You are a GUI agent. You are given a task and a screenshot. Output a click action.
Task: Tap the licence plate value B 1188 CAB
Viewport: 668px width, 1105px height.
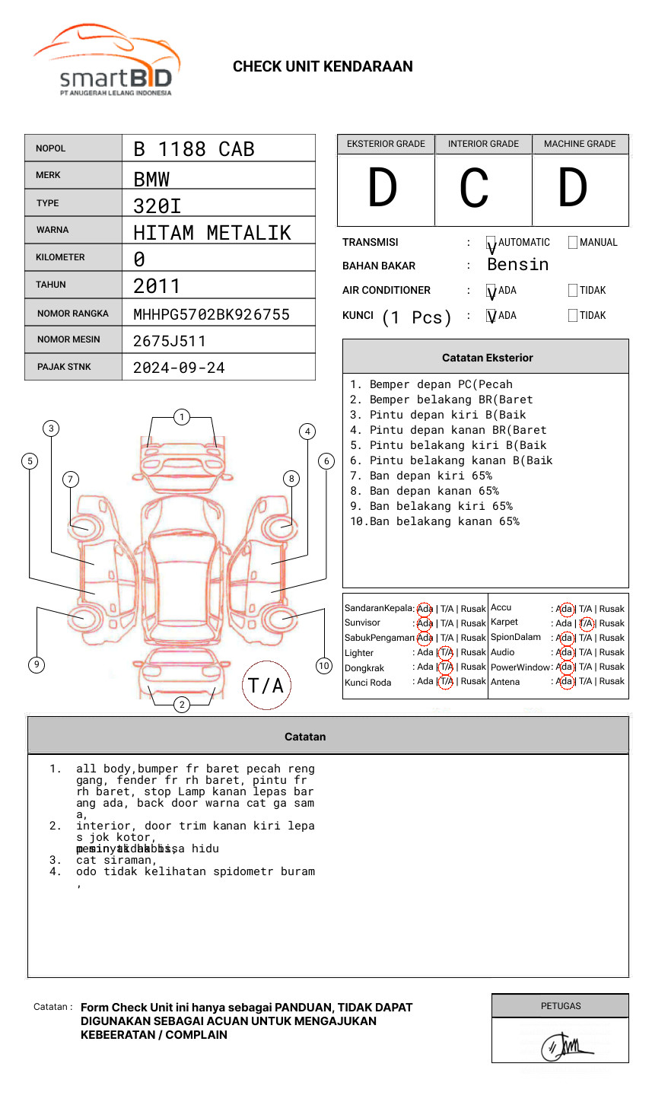pyautogui.click(x=193, y=149)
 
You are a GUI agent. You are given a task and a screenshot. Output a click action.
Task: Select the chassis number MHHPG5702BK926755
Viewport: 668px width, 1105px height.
pyautogui.click(x=212, y=314)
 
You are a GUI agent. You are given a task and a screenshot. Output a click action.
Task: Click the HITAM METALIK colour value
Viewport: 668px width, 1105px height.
pyautogui.click(x=212, y=232)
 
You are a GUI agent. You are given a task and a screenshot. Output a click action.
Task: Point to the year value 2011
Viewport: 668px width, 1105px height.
pyautogui.click(x=157, y=286)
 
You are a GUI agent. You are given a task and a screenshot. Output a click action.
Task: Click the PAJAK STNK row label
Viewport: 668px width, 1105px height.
pyautogui.click(x=64, y=367)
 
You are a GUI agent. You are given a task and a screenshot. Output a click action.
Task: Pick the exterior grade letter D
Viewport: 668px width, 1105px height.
pyautogui.click(x=383, y=188)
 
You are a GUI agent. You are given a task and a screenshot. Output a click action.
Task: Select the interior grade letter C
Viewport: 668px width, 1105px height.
pyautogui.click(x=474, y=188)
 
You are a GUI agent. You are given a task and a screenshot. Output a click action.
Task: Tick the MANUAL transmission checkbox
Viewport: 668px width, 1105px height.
pyautogui.click(x=573, y=243)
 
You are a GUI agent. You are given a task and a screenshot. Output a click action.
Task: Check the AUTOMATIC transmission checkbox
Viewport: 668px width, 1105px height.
pyautogui.click(x=491, y=243)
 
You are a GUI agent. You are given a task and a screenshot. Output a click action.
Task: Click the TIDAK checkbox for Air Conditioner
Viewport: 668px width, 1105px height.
pyautogui.click(x=573, y=291)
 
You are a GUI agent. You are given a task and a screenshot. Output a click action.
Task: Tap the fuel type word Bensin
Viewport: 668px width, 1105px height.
pyautogui.click(x=517, y=265)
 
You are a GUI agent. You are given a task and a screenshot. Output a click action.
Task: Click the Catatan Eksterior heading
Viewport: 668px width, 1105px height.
pyautogui.click(x=487, y=358)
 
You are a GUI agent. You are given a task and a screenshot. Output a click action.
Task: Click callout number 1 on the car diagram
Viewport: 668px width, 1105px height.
pyautogui.click(x=181, y=416)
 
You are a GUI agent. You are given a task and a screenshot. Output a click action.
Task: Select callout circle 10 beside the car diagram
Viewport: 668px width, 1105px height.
pyautogui.click(x=324, y=666)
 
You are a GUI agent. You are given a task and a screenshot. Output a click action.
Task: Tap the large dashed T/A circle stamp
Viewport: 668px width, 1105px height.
pyautogui.click(x=266, y=685)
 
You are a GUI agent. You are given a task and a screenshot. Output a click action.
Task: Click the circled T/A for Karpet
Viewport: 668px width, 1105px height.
pyautogui.click(x=586, y=623)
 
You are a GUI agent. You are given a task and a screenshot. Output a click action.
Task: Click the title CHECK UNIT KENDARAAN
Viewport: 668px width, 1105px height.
pyautogui.click(x=323, y=67)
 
